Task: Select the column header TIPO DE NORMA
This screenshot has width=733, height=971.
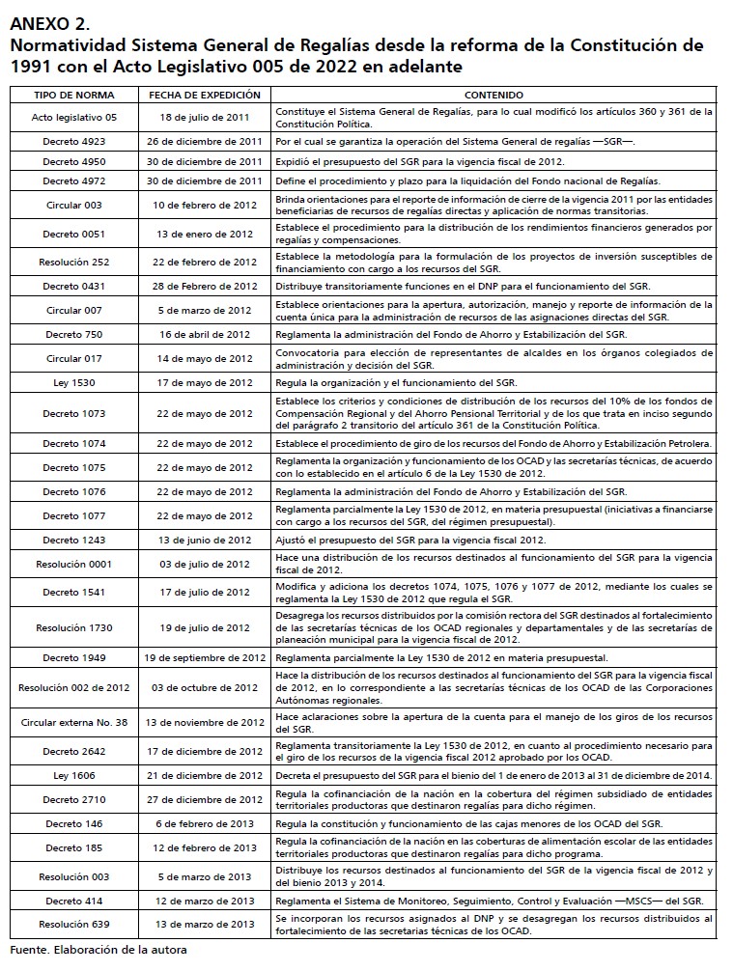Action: tap(74, 96)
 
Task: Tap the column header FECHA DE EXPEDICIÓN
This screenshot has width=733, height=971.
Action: tap(204, 96)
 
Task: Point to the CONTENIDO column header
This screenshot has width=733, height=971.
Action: tap(493, 96)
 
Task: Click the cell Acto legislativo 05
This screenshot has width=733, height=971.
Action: tap(74, 118)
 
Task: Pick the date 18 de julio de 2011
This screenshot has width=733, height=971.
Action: tap(204, 118)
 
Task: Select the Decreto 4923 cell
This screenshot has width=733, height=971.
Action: tap(74, 141)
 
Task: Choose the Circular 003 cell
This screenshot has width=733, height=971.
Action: tap(74, 206)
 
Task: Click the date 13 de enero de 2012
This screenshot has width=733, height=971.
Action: tap(204, 234)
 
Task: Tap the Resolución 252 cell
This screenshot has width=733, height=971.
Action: tap(74, 262)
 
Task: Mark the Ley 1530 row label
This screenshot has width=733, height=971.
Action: tap(74, 382)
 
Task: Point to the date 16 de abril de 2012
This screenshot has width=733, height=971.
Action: tap(204, 334)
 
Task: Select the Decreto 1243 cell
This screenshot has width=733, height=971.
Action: tap(74, 540)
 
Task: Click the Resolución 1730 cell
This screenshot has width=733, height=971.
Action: tap(74, 627)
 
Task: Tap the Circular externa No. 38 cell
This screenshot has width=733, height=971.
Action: tap(74, 722)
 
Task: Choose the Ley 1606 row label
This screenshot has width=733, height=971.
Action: tap(74, 775)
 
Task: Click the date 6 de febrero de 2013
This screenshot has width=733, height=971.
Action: tap(204, 822)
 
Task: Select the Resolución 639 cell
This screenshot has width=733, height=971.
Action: tap(74, 924)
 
